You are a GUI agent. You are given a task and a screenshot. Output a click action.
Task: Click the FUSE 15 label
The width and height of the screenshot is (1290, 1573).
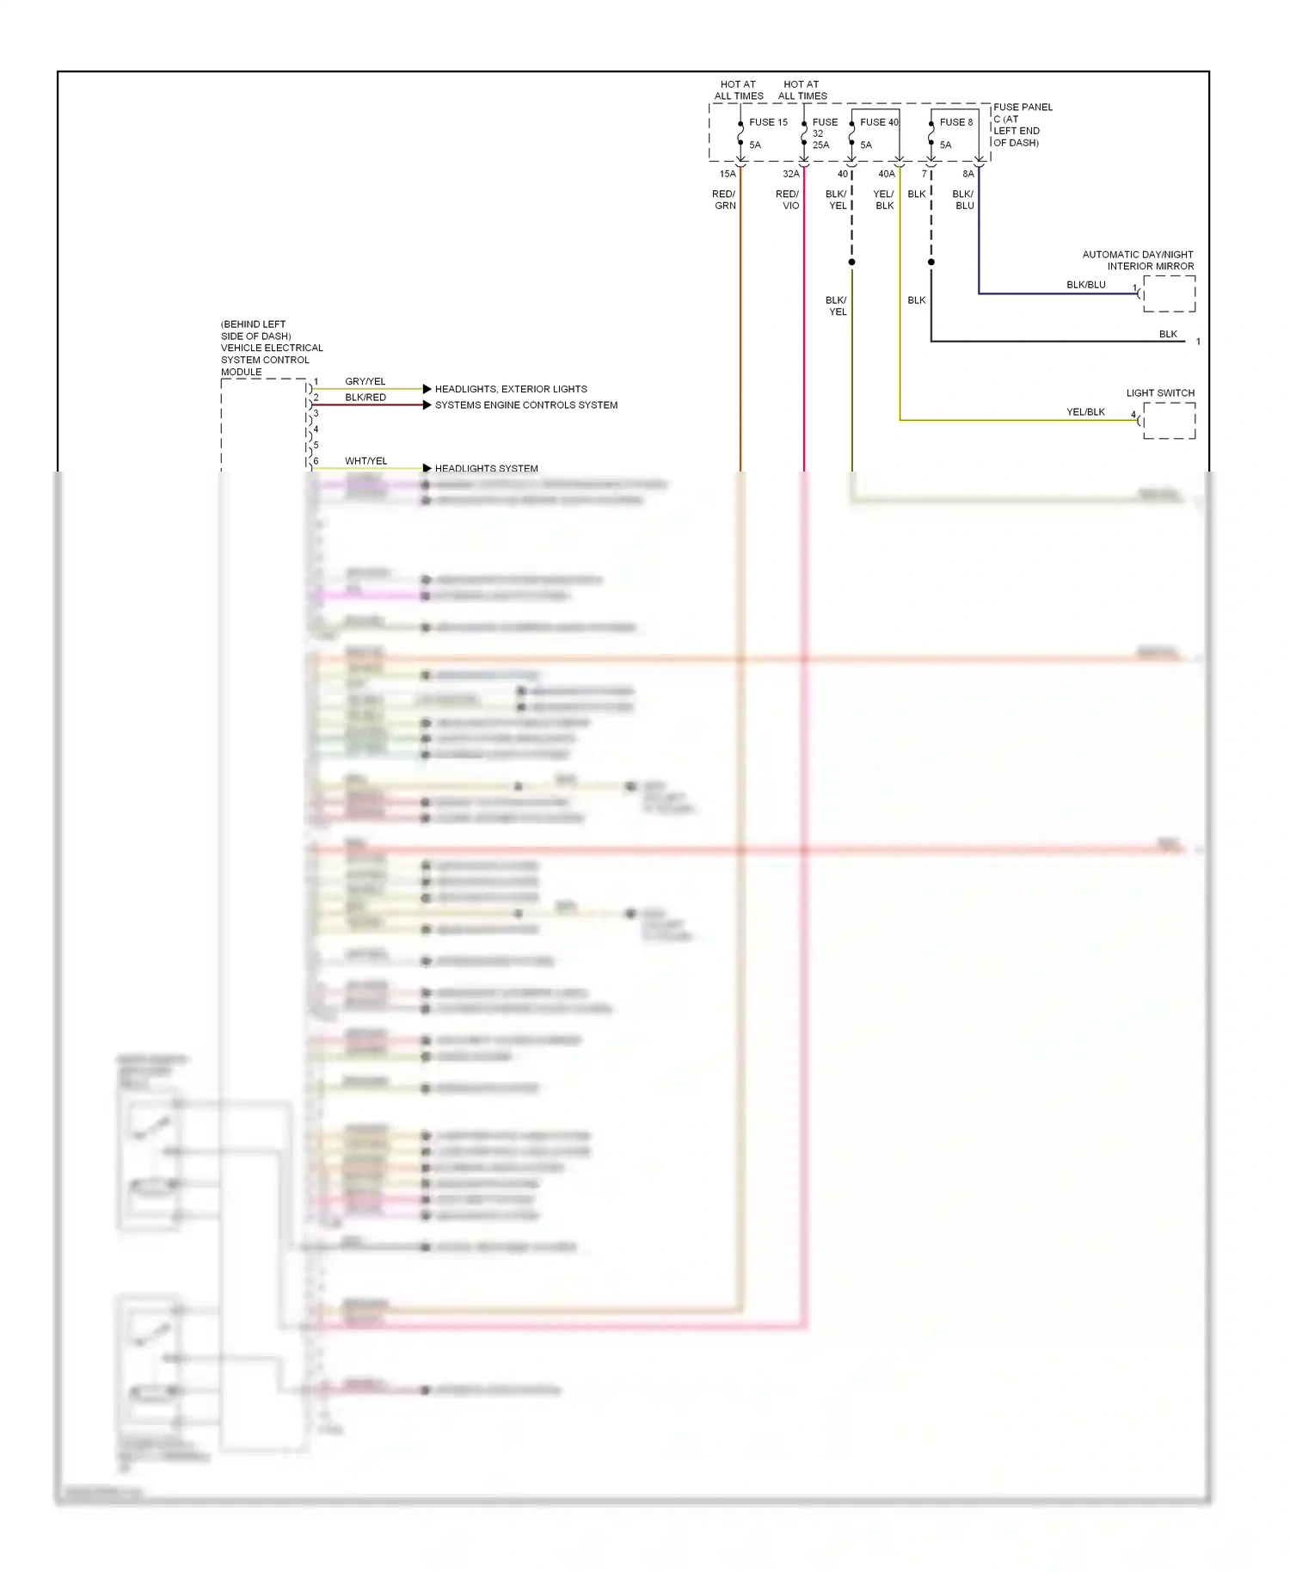[x=767, y=122]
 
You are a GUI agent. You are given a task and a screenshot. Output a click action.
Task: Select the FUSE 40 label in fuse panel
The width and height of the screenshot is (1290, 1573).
[x=878, y=122]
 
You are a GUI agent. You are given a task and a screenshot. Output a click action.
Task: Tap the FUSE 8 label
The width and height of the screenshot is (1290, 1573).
[x=955, y=122]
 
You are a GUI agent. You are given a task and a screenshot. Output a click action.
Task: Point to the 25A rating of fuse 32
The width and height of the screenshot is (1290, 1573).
[x=820, y=145]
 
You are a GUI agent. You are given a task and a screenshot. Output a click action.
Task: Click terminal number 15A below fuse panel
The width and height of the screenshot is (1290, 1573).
[x=728, y=174]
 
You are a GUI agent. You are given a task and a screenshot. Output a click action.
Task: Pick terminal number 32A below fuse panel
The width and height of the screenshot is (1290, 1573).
[x=790, y=174]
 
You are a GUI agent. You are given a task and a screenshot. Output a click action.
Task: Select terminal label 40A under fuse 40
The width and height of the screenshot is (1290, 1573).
[x=886, y=174]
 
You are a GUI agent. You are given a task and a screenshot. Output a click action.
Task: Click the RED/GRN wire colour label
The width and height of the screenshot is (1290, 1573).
[x=724, y=200]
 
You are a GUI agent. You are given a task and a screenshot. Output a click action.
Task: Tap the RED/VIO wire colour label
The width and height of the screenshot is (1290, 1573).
[x=788, y=200]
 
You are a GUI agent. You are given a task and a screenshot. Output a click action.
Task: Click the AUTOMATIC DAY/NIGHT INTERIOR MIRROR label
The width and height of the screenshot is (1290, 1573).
[x=1138, y=260]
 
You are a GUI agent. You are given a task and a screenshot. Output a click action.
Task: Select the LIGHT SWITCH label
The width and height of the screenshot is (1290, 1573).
[x=1160, y=393]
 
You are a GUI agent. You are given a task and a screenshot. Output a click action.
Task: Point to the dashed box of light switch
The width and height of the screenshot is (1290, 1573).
[x=1169, y=421]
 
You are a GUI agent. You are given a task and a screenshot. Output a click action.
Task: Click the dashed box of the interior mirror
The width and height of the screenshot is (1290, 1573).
[x=1169, y=293]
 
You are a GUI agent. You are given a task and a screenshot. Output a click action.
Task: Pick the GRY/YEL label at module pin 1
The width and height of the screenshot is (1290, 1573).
[x=365, y=381]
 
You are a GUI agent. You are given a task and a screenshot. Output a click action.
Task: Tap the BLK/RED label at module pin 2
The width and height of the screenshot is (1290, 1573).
[x=365, y=398]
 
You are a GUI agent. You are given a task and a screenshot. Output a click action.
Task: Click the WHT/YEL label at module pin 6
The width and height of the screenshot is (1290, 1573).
[x=365, y=461]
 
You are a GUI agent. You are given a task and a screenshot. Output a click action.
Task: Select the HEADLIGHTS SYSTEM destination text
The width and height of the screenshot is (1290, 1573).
[x=486, y=469]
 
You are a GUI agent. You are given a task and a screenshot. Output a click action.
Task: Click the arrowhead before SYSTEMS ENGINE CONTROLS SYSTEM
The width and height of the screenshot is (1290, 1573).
[x=427, y=405]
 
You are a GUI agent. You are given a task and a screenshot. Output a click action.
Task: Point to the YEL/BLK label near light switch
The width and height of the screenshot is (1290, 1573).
[x=1085, y=412]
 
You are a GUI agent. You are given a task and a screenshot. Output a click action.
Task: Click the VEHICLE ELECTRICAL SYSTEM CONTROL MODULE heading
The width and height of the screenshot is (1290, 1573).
[x=271, y=349]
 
